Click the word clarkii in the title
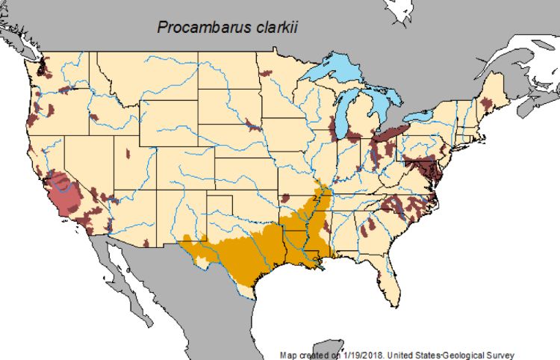275,28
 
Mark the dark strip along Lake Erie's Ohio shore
389,134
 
